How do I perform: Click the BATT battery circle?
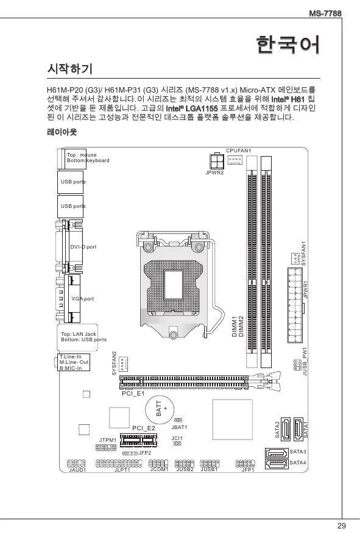160,410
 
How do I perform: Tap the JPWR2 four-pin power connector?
217,161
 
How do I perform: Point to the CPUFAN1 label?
239,151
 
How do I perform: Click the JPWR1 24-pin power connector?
295,305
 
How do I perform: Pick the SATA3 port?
277,453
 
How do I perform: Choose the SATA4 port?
277,464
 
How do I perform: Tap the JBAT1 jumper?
178,421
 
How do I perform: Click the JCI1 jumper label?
177,438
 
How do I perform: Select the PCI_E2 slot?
138,440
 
